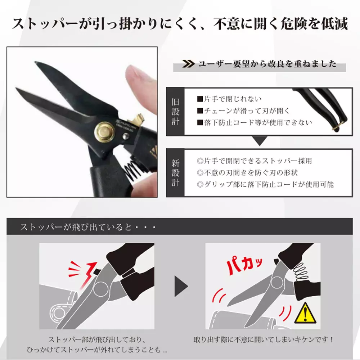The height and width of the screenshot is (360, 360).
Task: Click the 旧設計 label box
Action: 175,111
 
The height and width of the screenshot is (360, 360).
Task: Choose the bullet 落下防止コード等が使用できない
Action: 254,123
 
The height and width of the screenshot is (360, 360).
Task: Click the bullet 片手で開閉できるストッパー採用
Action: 255,161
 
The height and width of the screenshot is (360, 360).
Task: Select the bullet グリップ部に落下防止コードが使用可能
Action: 266,184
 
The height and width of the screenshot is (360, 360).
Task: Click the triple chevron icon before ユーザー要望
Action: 188,64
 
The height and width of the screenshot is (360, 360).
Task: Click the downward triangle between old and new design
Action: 260,141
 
